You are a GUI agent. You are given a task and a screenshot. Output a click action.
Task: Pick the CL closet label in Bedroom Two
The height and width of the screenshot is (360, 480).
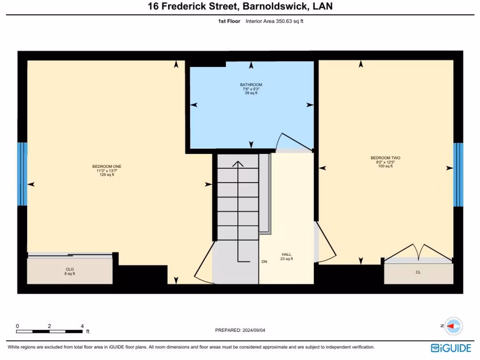pos(418,272)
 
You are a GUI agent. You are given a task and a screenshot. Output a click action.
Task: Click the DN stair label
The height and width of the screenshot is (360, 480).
pos(264,262)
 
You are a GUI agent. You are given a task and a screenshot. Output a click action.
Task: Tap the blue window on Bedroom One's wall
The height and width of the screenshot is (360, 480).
pos(22,174)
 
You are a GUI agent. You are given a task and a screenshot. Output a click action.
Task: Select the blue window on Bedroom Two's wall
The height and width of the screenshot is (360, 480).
pos(458,175)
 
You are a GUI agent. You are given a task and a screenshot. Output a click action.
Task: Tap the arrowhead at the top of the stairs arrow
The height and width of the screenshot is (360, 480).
pos(238,164)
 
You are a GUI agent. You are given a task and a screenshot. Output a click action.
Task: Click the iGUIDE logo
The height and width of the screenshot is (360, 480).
pos(450,348)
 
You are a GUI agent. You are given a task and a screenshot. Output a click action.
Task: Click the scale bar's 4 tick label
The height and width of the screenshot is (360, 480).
pos(82,326)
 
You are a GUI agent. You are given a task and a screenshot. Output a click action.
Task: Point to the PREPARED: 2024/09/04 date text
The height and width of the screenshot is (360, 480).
pos(240,330)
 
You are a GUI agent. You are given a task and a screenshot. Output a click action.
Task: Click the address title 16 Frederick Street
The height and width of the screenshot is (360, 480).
pos(240,7)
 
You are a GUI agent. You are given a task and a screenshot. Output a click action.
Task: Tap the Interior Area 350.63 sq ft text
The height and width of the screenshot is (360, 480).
pos(274,21)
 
